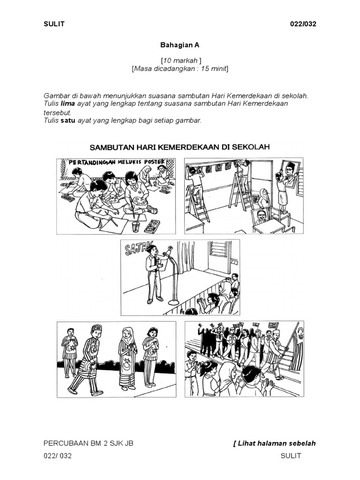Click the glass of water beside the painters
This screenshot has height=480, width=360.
135,227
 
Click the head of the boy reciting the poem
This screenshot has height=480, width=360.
151,250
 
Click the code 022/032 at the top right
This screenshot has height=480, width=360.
303,24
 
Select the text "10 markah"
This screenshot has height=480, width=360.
180,61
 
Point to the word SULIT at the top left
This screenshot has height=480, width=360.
54,24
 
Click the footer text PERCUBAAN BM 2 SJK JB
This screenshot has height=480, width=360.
88,443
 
